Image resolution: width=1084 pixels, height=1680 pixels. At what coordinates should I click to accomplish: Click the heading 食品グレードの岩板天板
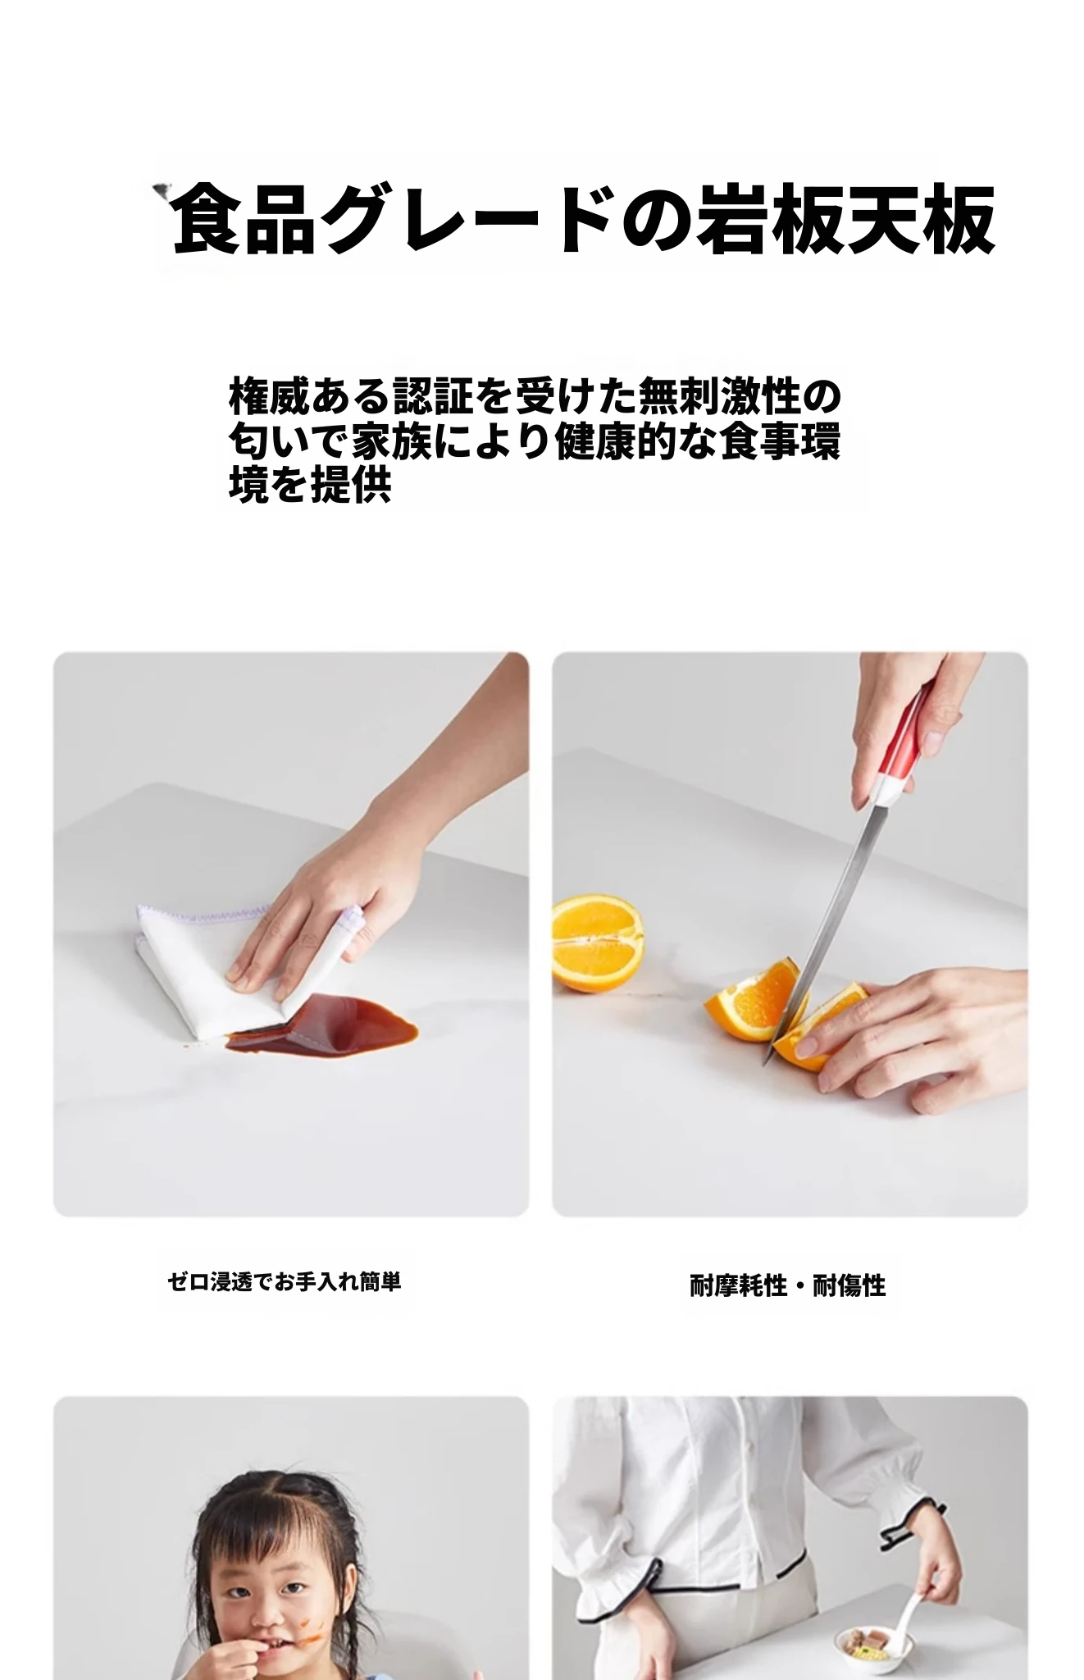pos(583,219)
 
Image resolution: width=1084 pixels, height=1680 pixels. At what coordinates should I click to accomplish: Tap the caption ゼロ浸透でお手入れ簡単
pos(284,1281)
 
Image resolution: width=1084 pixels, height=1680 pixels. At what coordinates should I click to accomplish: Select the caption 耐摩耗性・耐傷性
pos(787,1285)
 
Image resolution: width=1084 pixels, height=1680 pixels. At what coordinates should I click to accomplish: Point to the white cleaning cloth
pos(238,968)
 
